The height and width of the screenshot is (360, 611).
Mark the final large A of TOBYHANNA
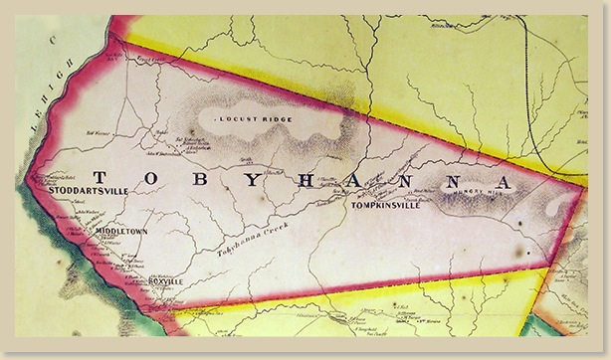coord(505,184)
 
